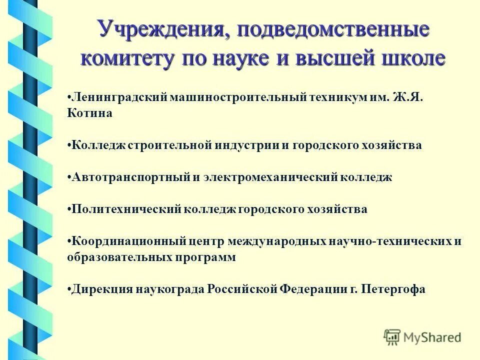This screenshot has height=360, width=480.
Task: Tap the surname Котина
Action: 89,113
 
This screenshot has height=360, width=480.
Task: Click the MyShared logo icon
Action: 392,337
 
